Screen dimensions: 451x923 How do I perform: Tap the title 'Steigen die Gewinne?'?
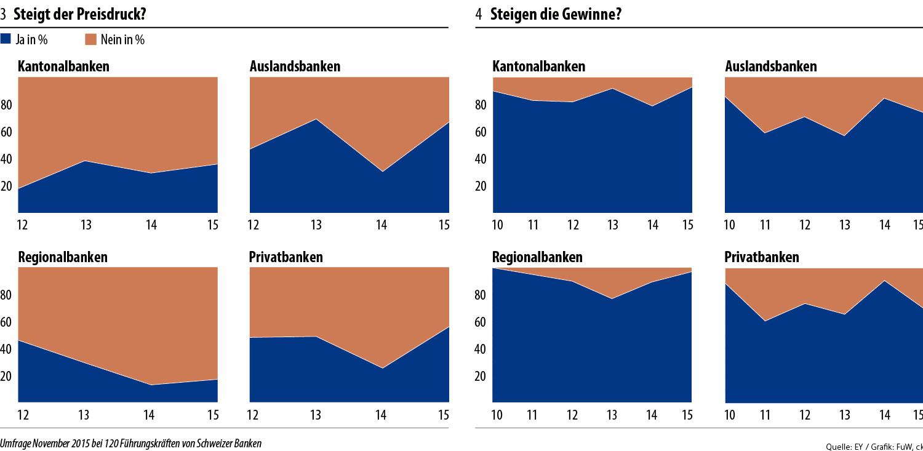coord(555,15)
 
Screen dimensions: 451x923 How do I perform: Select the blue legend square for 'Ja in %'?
coord(6,39)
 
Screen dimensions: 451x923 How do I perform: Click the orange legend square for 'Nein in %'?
coord(90,39)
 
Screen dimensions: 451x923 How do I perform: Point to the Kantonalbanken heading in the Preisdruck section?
coord(63,66)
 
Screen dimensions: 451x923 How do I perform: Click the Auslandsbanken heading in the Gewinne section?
coord(771,66)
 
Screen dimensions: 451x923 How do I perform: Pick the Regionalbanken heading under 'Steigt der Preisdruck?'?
coord(63,257)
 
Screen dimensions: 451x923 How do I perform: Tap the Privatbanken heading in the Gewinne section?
coord(762,257)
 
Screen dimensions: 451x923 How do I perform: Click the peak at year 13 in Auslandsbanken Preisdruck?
coord(316,119)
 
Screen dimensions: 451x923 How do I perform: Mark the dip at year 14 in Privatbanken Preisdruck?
coord(382,369)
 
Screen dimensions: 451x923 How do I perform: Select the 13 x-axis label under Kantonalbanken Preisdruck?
coord(86,225)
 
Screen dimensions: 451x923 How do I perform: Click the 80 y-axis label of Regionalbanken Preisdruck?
coord(7,295)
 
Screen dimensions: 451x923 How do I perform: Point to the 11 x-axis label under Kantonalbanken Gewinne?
coord(533,225)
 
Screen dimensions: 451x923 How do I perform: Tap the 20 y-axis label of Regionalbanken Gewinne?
coord(481,376)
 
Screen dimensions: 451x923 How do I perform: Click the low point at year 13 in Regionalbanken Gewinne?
coord(611,299)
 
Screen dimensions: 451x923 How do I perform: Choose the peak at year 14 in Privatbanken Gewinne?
coord(884,281)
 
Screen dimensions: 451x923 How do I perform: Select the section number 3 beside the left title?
coord(4,15)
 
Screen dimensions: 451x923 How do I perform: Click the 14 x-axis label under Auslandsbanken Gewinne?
coord(885,225)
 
